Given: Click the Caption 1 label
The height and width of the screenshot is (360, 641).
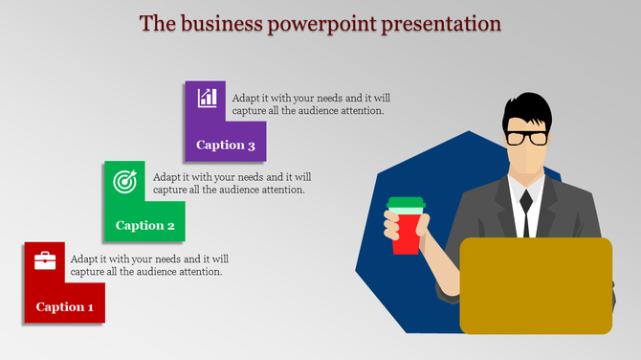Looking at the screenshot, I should tap(64, 307).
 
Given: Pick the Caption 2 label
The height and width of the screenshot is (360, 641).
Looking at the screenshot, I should tap(144, 226).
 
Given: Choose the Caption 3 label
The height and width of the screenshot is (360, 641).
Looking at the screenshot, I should tap(225, 146).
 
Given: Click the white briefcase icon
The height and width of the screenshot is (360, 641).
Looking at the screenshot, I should tap(45, 260).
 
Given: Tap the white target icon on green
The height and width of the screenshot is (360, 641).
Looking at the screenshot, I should tap(125, 179).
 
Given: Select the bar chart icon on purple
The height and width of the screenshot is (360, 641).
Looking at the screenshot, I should tap(207, 98).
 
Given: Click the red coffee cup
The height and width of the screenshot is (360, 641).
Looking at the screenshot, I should tap(406, 233).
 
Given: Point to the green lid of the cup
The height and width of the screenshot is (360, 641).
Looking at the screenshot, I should tap(406, 204).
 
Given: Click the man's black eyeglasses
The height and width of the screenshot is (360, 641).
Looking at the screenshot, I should tap(527, 137).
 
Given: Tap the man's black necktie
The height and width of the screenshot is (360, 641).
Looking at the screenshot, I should tap(525, 213).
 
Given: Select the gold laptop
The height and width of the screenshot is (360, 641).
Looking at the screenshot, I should tap(536, 285).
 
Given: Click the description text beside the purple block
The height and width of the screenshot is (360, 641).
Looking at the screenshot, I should tap(311, 104).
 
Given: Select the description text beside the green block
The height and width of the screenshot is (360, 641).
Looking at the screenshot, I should tap(231, 183).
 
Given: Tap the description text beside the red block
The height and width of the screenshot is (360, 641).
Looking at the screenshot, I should tap(149, 265).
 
